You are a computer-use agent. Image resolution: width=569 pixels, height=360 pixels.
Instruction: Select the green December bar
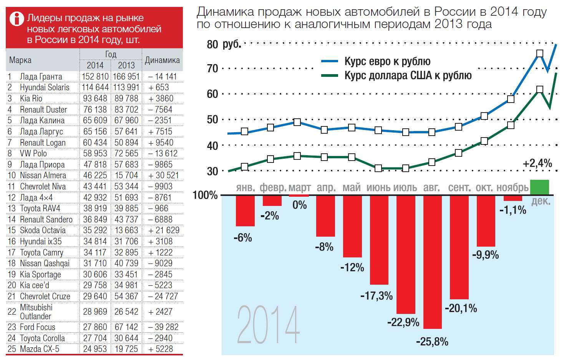[x=539, y=187]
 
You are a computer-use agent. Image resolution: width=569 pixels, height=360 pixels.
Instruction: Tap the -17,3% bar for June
[x=379, y=240]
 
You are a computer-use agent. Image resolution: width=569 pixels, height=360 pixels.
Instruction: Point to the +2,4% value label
[x=537, y=163]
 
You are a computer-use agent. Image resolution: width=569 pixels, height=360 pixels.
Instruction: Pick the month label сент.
[x=459, y=187]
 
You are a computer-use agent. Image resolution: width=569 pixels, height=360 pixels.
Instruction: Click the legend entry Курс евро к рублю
[x=387, y=61]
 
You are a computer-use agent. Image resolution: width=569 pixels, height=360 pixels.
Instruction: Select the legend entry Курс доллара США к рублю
[x=408, y=75]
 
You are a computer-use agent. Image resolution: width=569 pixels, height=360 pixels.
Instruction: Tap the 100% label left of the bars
[x=205, y=195]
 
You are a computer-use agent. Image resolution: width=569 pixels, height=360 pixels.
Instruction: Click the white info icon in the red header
[x=17, y=18]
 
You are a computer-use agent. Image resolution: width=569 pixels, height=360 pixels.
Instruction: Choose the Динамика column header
[x=162, y=60]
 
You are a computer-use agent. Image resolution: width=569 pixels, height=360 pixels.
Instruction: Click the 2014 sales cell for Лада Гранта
[x=95, y=76]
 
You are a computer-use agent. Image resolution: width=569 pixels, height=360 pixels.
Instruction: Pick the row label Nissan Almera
[x=43, y=176]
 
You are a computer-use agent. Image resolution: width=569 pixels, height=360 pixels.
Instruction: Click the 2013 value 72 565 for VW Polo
[x=126, y=154]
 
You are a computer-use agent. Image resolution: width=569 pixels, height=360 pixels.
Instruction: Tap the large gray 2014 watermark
[x=268, y=325]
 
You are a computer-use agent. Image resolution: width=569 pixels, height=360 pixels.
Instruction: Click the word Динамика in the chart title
[x=225, y=12]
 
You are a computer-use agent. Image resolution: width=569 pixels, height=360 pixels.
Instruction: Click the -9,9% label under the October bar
[x=486, y=255]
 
